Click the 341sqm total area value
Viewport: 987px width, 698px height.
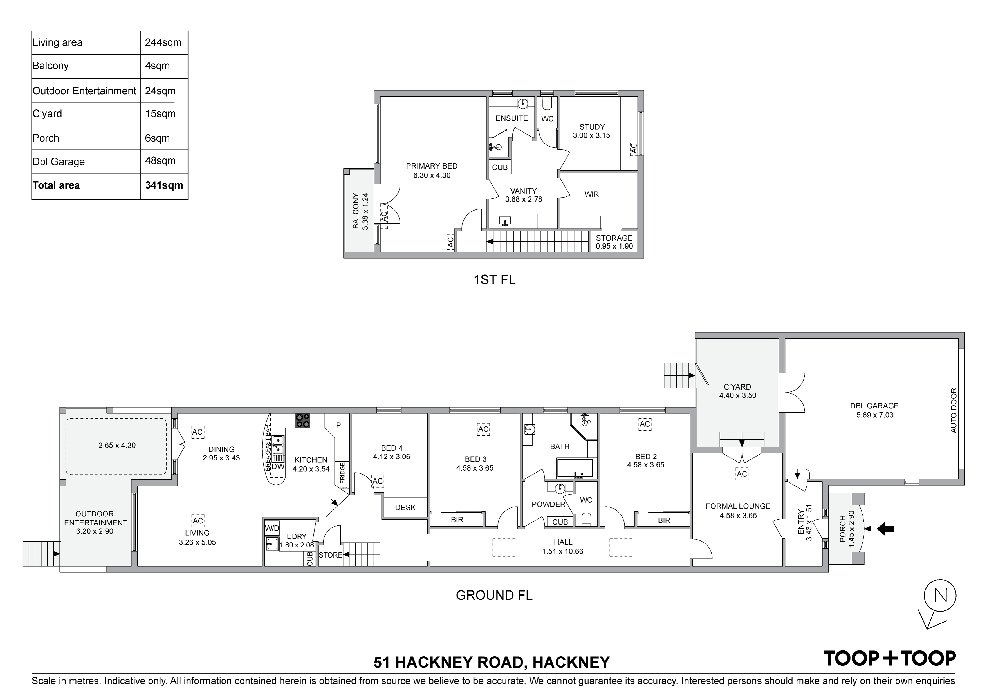pyautogui.click(x=164, y=185)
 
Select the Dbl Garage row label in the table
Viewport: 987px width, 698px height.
pyautogui.click(x=59, y=162)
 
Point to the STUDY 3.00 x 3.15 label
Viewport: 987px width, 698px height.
pyautogui.click(x=591, y=131)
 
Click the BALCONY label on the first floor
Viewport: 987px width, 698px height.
pyautogui.click(x=356, y=211)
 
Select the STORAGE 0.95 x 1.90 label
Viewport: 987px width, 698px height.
pyautogui.click(x=614, y=242)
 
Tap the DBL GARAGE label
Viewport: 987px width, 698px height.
pyautogui.click(x=874, y=410)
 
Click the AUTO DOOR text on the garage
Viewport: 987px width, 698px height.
pyautogui.click(x=954, y=410)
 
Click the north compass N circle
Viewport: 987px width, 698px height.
pyautogui.click(x=940, y=596)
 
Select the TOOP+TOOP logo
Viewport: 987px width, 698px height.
pyautogui.click(x=889, y=658)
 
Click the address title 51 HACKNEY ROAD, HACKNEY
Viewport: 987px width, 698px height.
pyautogui.click(x=491, y=662)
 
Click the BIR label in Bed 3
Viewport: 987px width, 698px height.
pyautogui.click(x=457, y=520)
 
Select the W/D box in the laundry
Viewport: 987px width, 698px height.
pyautogui.click(x=272, y=528)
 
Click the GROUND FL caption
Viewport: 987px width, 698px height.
pyautogui.click(x=494, y=595)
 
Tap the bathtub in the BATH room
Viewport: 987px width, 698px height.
pyautogui.click(x=574, y=468)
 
